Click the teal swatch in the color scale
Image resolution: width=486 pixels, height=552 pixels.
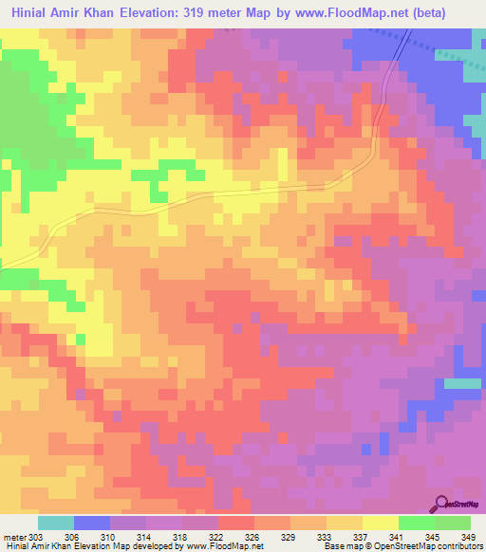point(56,523)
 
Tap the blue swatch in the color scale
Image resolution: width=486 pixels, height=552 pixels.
point(92,523)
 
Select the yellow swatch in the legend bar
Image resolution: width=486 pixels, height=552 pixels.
point(381,523)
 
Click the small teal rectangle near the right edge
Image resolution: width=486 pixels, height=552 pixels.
point(462,383)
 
